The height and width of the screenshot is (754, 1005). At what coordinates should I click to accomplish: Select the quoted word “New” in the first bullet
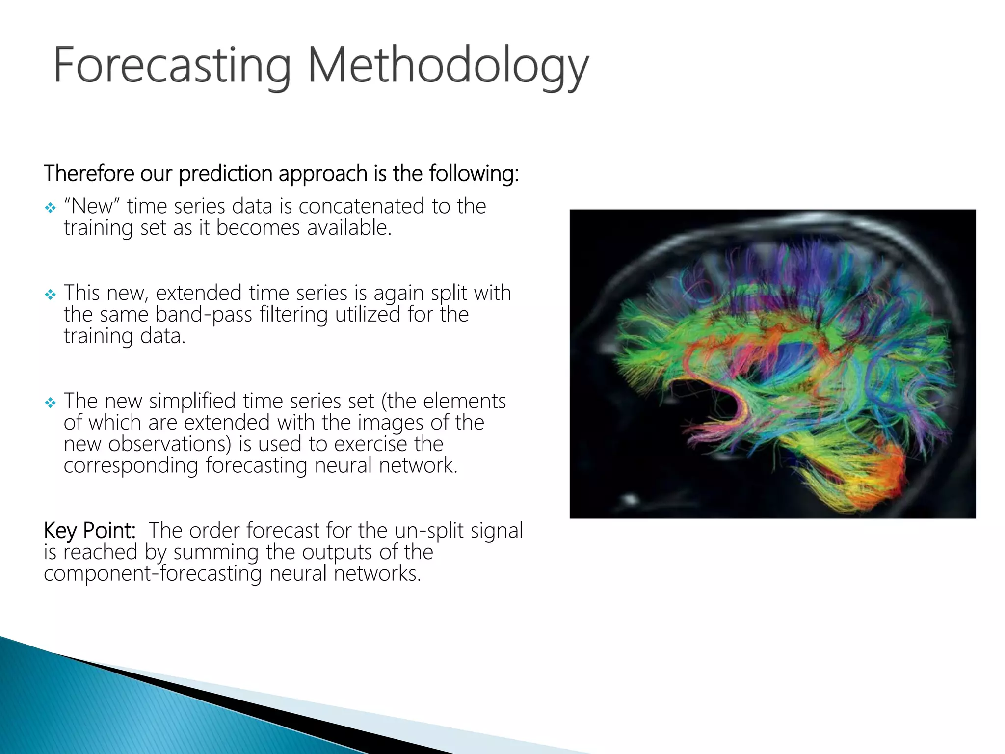[x=92, y=206]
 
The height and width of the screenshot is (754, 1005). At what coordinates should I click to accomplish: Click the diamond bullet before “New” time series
[x=51, y=208]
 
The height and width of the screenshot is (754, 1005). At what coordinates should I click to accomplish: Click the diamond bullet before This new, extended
[x=51, y=295]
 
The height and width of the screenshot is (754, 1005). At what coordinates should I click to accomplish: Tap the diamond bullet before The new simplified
[x=51, y=403]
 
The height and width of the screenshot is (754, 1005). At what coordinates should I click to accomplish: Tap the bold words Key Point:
[x=90, y=531]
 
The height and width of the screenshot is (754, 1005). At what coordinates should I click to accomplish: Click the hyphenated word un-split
[x=429, y=531]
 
